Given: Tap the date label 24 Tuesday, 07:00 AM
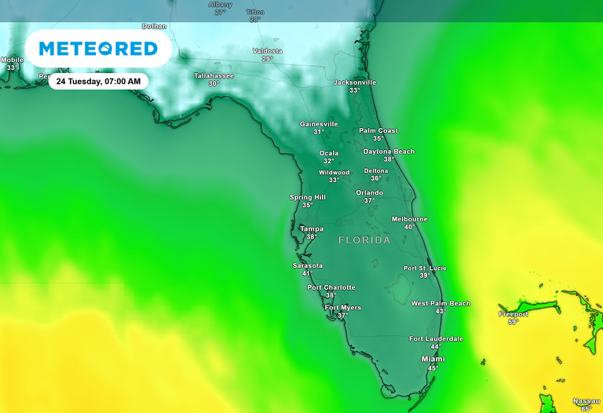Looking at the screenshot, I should pyautogui.click(x=98, y=81).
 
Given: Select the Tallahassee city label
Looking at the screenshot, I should pyautogui.click(x=214, y=75).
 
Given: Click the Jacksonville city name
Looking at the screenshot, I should pyautogui.click(x=355, y=82).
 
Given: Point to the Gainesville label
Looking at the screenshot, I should pyautogui.click(x=319, y=124).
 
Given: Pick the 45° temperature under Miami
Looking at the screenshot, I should pyautogui.click(x=433, y=367).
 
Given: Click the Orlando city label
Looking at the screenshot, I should pyautogui.click(x=370, y=192).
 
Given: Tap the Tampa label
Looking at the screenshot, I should pyautogui.click(x=312, y=229).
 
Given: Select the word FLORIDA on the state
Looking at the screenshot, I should pyautogui.click(x=364, y=240).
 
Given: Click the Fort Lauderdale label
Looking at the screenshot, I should pyautogui.click(x=436, y=338).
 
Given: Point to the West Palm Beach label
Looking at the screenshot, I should pyautogui.click(x=440, y=303).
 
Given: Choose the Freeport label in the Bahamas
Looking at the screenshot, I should pyautogui.click(x=513, y=314).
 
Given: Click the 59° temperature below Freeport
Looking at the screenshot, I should pyautogui.click(x=513, y=322).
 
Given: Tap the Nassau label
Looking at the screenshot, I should pyautogui.click(x=586, y=400).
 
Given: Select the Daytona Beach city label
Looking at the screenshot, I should pyautogui.click(x=389, y=152).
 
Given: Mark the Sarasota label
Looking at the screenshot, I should pyautogui.click(x=308, y=265).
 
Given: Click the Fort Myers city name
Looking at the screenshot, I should pyautogui.click(x=343, y=308).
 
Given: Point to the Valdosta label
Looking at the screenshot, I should pyautogui.click(x=267, y=51).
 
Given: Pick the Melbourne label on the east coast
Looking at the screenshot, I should pyautogui.click(x=410, y=219).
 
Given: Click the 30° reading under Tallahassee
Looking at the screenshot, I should pyautogui.click(x=213, y=83).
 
